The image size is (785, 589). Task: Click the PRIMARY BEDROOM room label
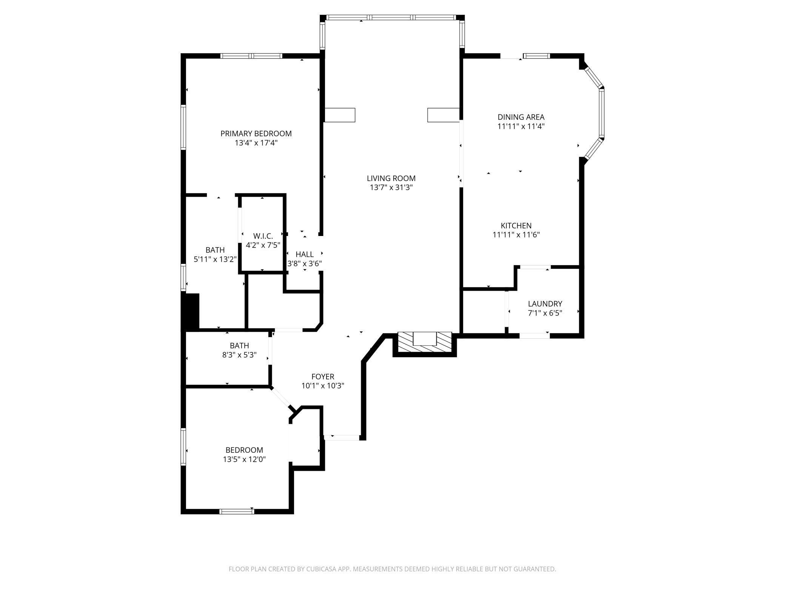[256, 134]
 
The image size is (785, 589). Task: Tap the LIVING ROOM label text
[391, 178]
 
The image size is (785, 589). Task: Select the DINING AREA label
[521, 117]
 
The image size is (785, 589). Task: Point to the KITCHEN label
[516, 225]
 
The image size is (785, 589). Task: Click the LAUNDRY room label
[545, 304]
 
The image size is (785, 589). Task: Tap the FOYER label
[323, 376]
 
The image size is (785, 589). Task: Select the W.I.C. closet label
[263, 236]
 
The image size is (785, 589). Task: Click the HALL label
[305, 254]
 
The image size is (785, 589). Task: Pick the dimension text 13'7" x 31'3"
[391, 188]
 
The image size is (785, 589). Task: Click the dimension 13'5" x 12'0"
[244, 459]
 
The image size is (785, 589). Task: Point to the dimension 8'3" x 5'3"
[239, 355]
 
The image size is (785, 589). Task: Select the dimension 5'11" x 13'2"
[215, 259]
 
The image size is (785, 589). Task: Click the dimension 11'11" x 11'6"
[516, 235]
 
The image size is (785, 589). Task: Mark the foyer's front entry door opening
[342, 438]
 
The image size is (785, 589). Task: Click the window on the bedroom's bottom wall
[237, 512]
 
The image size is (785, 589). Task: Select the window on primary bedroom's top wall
[251, 56]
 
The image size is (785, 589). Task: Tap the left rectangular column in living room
[340, 115]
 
